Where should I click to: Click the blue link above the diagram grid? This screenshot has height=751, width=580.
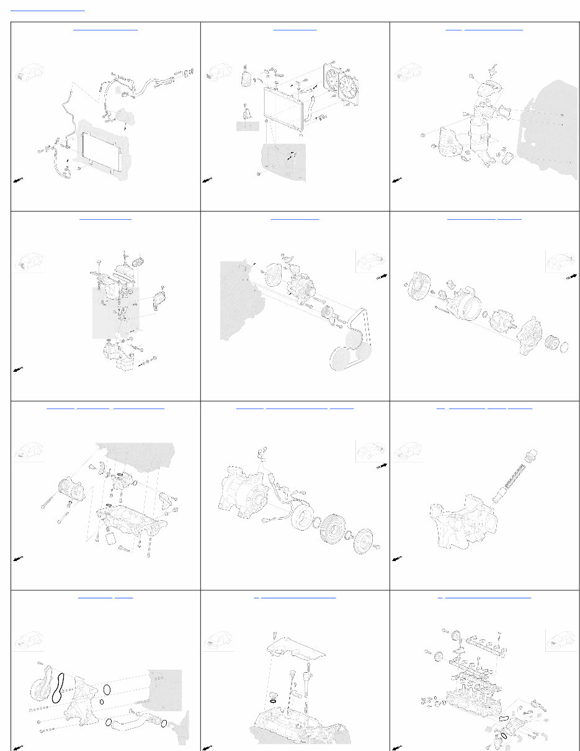pyautogui.click(x=48, y=10)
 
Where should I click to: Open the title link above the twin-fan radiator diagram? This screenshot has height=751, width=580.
pyautogui.click(x=295, y=29)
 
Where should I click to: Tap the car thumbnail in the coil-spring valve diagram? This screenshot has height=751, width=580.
pyautogui.click(x=408, y=451)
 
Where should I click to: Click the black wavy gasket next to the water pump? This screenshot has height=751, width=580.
pyautogui.click(x=59, y=688)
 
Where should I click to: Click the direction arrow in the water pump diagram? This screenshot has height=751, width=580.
pyautogui.click(x=19, y=747)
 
